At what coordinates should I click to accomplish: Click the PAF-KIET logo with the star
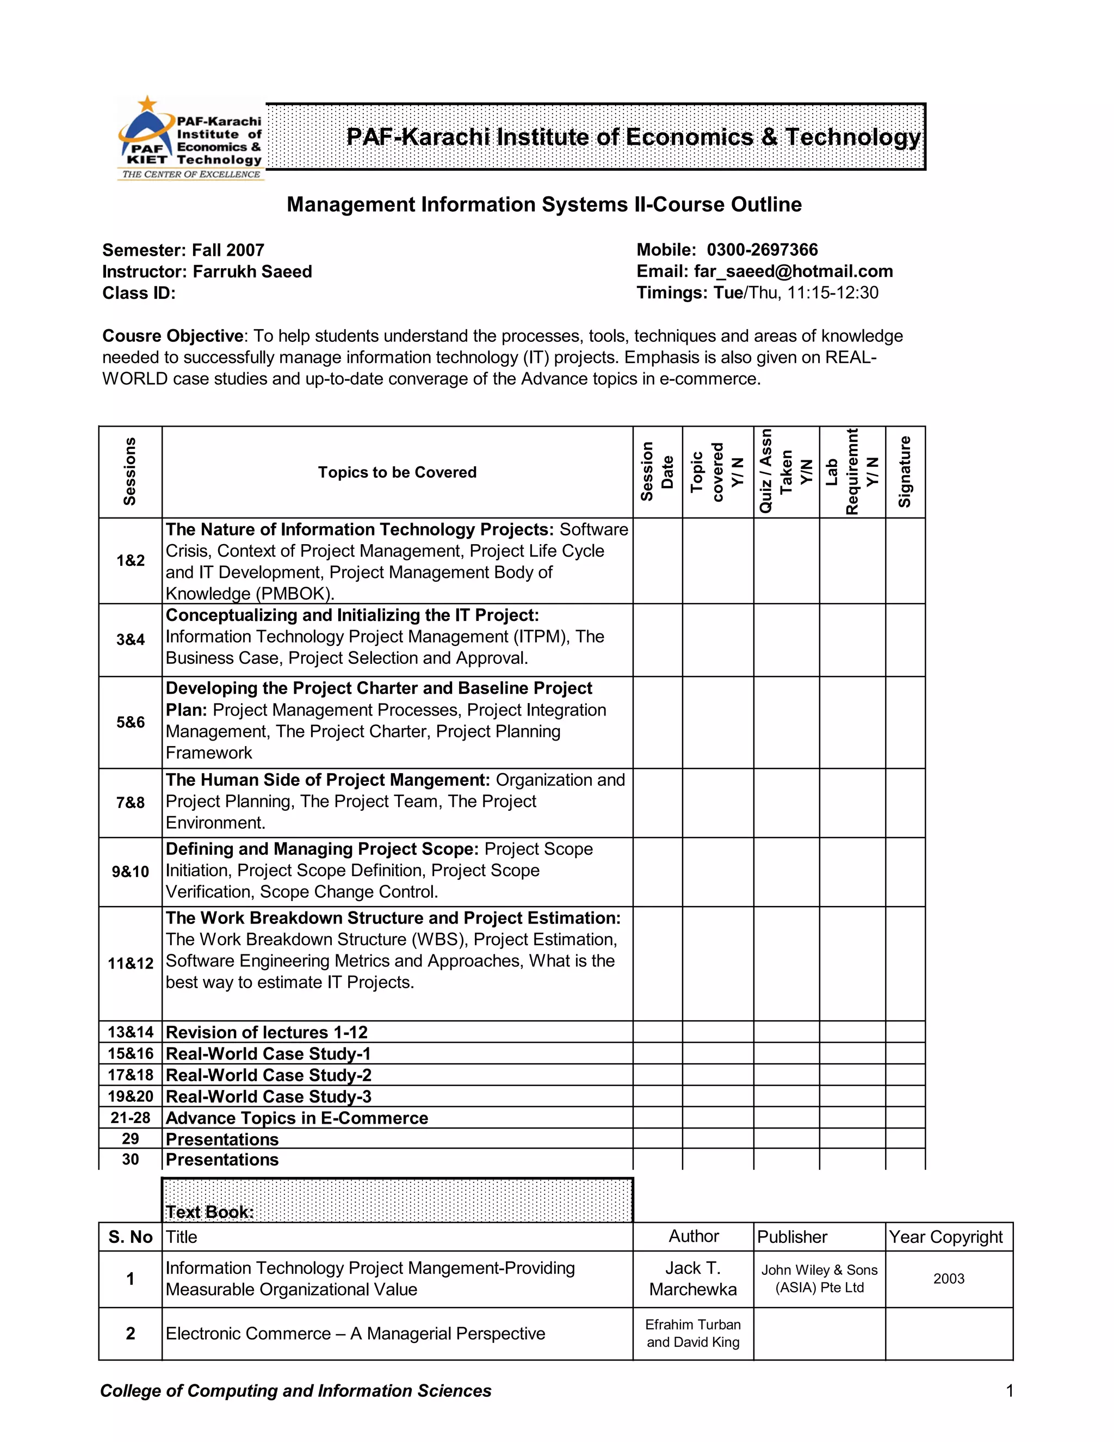click(190, 139)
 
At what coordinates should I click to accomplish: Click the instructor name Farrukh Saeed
click(252, 272)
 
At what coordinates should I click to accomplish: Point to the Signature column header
click(905, 472)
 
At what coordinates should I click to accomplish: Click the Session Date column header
click(657, 472)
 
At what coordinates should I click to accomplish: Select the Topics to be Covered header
click(397, 473)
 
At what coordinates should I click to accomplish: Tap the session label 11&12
click(130, 963)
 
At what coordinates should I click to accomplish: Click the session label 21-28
click(130, 1118)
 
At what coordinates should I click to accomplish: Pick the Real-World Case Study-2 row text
click(269, 1075)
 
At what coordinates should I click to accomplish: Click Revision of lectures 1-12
click(267, 1032)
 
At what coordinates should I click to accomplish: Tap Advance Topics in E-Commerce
click(297, 1118)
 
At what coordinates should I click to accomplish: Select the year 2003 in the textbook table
click(948, 1279)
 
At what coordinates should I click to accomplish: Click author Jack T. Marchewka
click(693, 1279)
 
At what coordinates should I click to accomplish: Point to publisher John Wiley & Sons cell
click(819, 1279)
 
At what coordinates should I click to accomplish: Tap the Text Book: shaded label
click(210, 1212)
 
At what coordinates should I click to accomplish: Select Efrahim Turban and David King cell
click(693, 1333)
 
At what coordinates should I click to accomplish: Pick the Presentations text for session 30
click(222, 1160)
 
